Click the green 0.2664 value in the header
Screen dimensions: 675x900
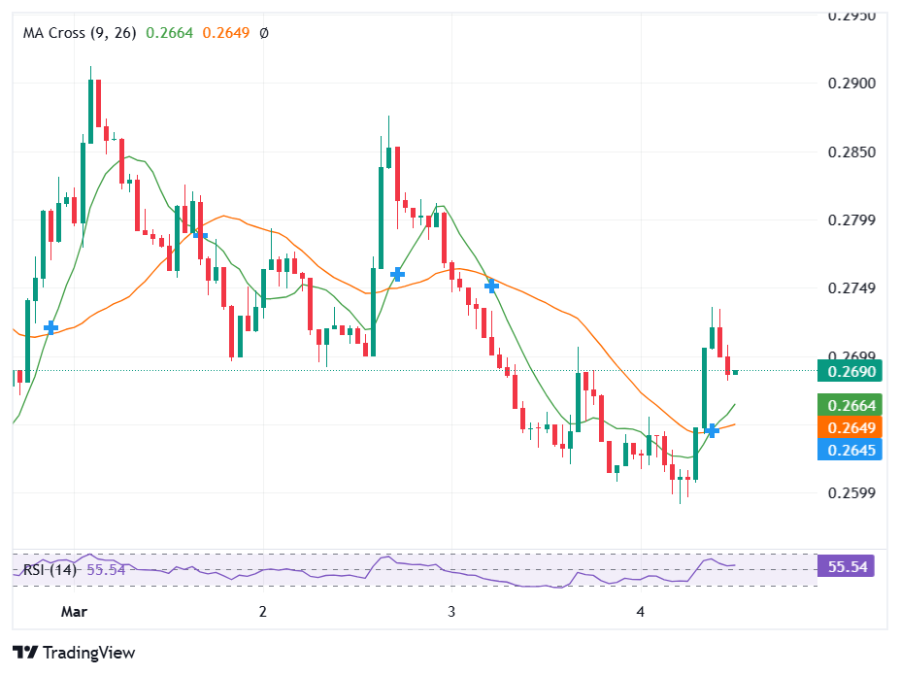[x=170, y=32]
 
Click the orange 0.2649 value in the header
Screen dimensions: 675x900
[x=226, y=32]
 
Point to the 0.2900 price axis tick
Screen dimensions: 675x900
[x=850, y=84]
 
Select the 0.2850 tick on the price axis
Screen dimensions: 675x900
[x=850, y=152]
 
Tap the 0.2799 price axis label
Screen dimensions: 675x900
[x=850, y=220]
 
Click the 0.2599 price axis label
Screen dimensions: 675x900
[x=850, y=492]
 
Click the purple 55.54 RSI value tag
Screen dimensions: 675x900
[x=847, y=566]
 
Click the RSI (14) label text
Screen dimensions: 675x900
[x=50, y=570]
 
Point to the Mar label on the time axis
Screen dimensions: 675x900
[x=74, y=612]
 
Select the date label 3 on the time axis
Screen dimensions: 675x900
[x=451, y=612]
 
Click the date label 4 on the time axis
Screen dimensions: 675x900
[x=640, y=612]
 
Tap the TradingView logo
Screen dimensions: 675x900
[x=74, y=653]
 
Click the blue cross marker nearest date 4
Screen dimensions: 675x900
[x=712, y=430]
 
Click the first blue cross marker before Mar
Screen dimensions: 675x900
[x=50, y=328]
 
